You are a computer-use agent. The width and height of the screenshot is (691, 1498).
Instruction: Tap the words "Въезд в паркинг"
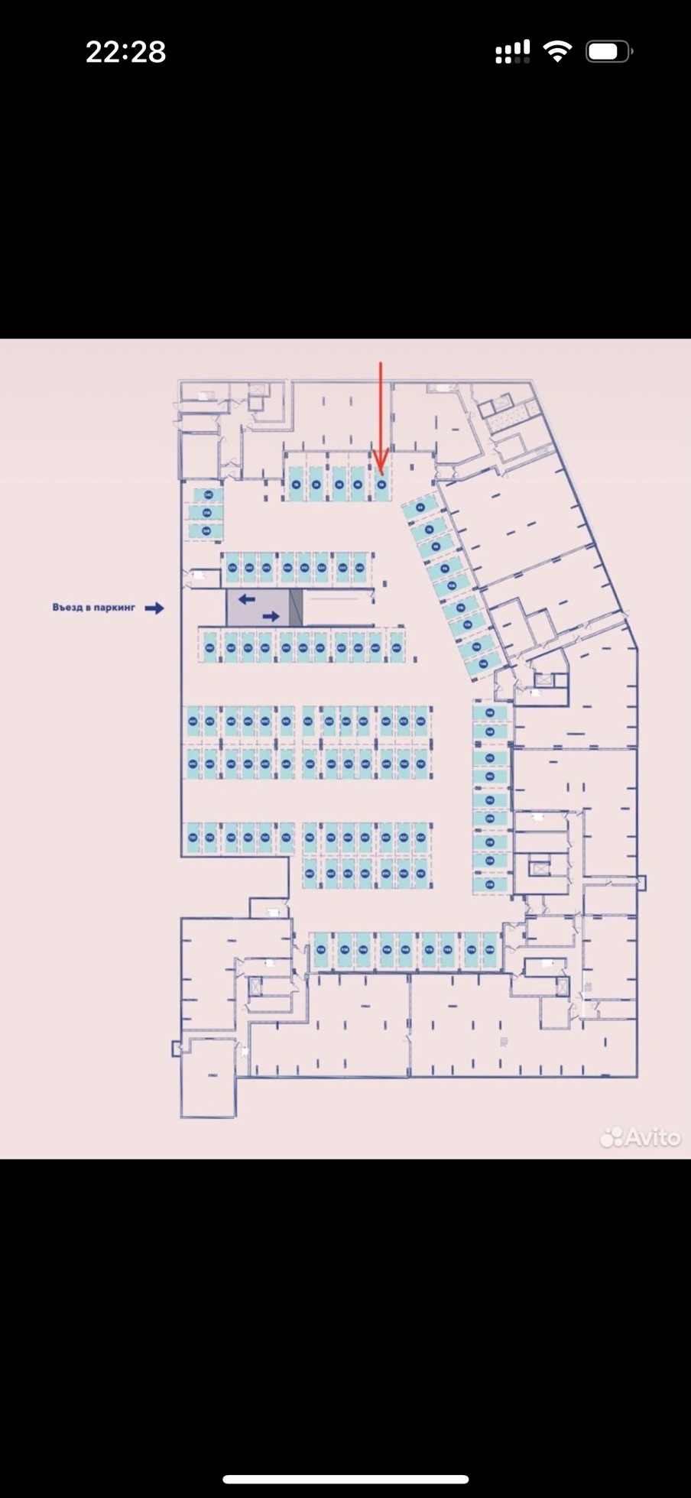(94, 608)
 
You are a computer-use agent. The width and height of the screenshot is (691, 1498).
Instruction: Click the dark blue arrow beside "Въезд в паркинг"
(154, 608)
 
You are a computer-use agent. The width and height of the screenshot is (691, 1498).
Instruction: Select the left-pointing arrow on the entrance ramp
(247, 599)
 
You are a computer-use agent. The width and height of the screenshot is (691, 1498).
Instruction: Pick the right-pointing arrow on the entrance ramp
(271, 616)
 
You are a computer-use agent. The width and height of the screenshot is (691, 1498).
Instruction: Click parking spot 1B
(295, 485)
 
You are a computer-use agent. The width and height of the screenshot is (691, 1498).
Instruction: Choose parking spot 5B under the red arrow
(381, 485)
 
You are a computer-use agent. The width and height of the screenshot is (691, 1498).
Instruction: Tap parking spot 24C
(206, 495)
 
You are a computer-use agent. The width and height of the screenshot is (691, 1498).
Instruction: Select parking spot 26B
(206, 530)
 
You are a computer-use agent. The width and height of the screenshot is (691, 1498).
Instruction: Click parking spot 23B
(490, 884)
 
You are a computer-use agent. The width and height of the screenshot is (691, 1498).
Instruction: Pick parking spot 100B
(490, 950)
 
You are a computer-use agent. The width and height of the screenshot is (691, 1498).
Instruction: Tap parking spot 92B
(322, 950)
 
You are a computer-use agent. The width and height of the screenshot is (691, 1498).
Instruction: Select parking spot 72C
(193, 838)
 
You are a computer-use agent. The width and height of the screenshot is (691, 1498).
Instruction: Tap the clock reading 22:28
(125, 52)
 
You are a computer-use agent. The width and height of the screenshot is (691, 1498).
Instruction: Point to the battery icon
(608, 52)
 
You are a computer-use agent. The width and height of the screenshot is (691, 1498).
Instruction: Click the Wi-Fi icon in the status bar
(557, 52)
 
